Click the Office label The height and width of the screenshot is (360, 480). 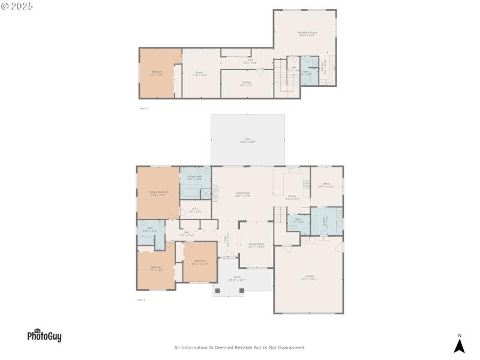tap(326, 185)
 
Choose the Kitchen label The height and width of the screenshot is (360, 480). tap(292, 197)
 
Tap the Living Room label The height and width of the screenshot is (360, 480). tap(242, 194)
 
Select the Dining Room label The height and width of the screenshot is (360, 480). tap(257, 245)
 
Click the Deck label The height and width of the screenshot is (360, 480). tap(247, 140)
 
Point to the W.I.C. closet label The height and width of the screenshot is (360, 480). tap(196, 211)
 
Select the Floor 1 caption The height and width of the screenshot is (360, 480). tap(141, 299)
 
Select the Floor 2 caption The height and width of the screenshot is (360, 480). tap(143, 109)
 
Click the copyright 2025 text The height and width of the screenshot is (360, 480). tap(17, 6)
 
